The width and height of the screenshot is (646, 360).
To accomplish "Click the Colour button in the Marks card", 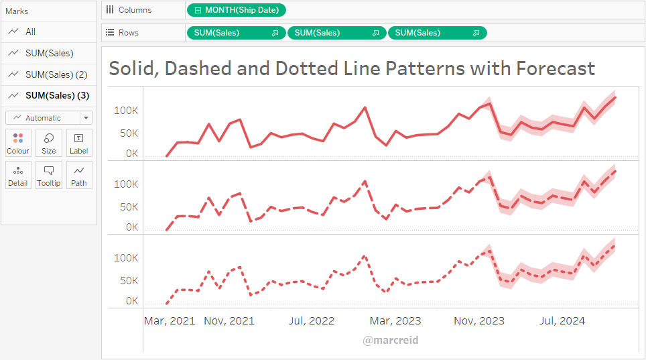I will [18, 143].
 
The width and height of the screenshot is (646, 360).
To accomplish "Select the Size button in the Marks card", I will [49, 143].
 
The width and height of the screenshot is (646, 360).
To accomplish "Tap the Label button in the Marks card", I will [79, 143].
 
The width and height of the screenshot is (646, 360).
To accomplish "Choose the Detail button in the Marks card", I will [18, 175].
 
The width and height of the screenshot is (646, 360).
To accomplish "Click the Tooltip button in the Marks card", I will [49, 175].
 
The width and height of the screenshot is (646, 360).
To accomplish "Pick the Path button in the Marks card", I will [79, 175].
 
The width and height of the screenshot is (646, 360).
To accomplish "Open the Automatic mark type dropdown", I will [49, 118].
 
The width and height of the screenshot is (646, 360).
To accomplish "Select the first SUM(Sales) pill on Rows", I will [236, 33].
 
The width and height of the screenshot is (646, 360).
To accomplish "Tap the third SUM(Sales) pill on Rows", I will [437, 33].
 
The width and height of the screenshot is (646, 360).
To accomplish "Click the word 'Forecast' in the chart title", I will [555, 68].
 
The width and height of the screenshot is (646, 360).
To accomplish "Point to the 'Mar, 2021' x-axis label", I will [170, 321].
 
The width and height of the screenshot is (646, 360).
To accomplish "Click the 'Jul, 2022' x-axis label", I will [312, 321].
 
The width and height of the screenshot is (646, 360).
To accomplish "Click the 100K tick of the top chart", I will [125, 110].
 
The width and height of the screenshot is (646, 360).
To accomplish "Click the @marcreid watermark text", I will [391, 341].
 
